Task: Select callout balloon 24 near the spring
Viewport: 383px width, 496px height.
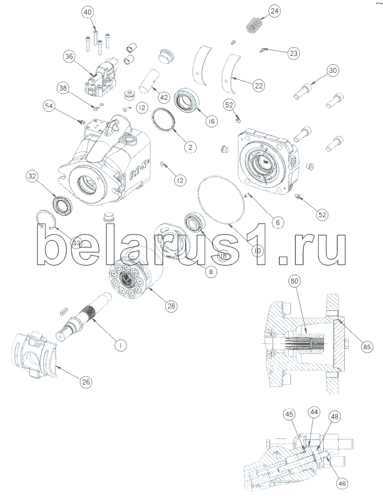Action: [x=275, y=11]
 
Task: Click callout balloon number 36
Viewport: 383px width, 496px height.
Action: [x=69, y=56]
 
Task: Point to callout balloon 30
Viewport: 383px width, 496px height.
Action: [x=333, y=71]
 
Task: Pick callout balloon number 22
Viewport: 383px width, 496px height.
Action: [x=258, y=86]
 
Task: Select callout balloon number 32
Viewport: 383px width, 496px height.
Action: [x=31, y=177]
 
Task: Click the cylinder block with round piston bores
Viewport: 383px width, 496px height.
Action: [x=131, y=278]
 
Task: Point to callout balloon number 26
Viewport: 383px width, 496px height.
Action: [x=85, y=381]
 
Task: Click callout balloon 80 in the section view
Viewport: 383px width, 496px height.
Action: [x=294, y=281]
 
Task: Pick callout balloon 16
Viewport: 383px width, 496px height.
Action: [x=211, y=121]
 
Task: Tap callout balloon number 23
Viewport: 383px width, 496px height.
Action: [x=293, y=54]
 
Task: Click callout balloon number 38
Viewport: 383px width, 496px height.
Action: [x=63, y=87]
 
